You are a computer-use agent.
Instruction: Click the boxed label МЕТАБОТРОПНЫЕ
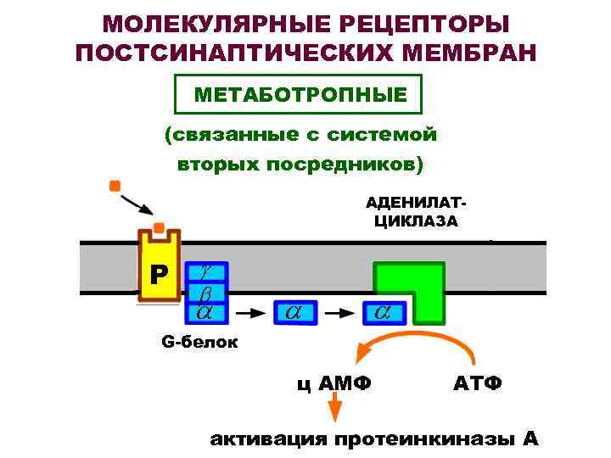click(x=299, y=94)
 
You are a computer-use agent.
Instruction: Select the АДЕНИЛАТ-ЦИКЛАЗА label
click(x=416, y=213)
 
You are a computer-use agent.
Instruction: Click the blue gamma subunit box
click(x=205, y=271)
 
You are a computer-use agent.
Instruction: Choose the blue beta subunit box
click(x=205, y=293)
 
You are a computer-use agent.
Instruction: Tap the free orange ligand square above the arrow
click(x=115, y=185)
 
